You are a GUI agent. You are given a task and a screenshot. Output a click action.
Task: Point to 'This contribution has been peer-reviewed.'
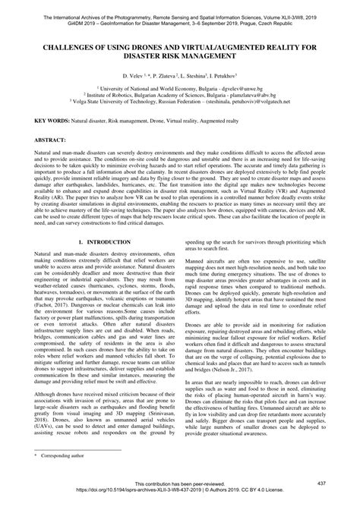click(179, 483)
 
